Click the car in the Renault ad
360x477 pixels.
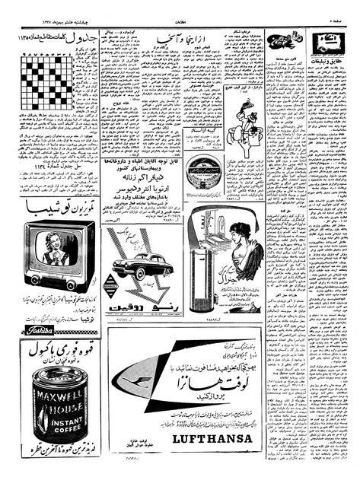(x=139, y=267)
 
